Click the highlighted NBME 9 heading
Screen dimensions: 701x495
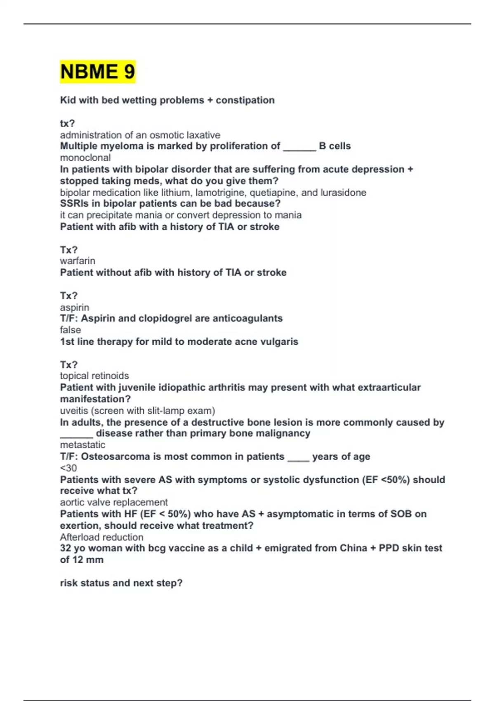tap(97, 72)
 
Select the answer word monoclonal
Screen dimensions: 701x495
tap(85, 158)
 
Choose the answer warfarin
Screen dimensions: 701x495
tap(78, 261)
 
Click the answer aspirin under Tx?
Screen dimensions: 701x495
tap(75, 307)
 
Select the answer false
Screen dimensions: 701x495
tap(70, 330)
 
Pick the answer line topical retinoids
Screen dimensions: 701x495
tap(94, 376)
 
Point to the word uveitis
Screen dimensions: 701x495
tap(73, 411)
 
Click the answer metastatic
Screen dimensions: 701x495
tap(82, 445)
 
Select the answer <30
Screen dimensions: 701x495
tap(68, 468)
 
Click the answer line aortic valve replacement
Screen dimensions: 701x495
tap(114, 502)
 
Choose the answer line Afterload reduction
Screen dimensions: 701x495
tap(101, 537)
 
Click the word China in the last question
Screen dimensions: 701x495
tap(353, 548)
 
